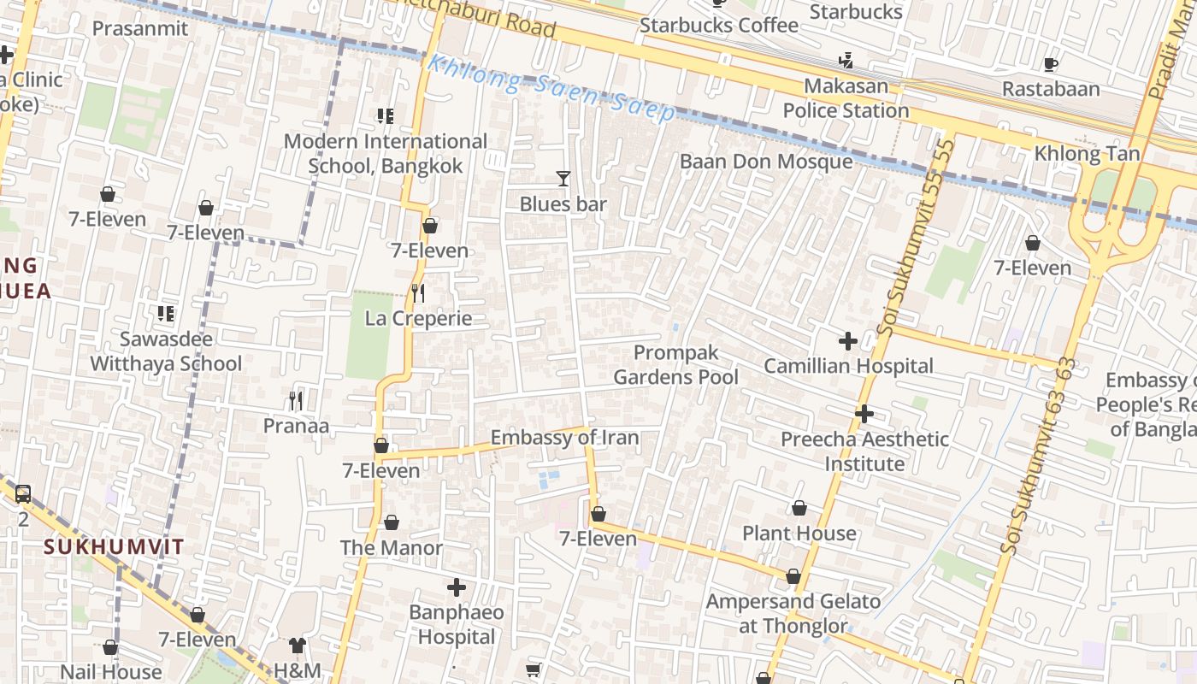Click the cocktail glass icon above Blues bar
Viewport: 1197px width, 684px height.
[563, 179]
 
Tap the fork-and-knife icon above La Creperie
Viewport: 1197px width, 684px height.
[417, 293]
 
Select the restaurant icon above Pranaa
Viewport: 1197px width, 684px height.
[296, 400]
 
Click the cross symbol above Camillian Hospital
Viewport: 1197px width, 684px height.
[847, 341]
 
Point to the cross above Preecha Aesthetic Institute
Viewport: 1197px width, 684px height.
[864, 414]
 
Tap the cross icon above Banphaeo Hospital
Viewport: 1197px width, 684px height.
[457, 587]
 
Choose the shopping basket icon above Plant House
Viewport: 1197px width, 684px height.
[799, 509]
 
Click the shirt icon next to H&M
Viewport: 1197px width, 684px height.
[297, 645]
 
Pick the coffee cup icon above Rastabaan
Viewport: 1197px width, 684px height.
[1051, 64]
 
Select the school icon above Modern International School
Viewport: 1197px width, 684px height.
[385, 115]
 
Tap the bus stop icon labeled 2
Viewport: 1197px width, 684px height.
[23, 493]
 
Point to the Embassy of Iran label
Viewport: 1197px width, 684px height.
[564, 438]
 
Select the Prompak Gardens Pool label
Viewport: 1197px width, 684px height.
[675, 364]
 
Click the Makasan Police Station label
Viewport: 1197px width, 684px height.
[846, 98]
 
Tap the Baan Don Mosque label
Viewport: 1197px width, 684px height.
[765, 162]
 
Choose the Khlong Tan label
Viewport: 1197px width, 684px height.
[1087, 154]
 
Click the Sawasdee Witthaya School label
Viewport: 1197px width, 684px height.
[166, 351]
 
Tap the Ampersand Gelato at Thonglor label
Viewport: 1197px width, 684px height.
[793, 613]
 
